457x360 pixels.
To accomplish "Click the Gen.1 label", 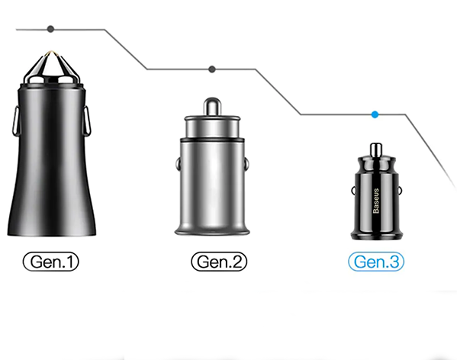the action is [50, 262].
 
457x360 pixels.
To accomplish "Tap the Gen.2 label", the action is [219, 262].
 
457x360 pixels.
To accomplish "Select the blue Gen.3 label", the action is [376, 262].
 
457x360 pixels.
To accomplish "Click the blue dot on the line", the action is [375, 114].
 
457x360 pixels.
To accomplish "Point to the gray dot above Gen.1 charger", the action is [50, 29].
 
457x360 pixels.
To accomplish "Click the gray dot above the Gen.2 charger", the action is [212, 69].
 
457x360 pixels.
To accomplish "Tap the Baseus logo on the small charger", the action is [376, 201].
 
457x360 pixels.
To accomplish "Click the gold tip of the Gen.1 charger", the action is [52, 53].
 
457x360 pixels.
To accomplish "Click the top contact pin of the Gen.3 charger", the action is [376, 149].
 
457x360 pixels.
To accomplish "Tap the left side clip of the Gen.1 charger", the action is [15, 121].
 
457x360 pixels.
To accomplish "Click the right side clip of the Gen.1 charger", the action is [86, 121].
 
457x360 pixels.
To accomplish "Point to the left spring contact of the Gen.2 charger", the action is [178, 164].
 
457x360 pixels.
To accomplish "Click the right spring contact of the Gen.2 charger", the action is [246, 164].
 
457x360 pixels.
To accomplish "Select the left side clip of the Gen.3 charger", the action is [353, 191].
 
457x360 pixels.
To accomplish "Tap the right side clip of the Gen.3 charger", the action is [399, 191].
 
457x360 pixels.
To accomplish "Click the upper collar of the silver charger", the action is [212, 127].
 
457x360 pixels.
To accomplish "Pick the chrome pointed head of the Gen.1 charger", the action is [52, 68].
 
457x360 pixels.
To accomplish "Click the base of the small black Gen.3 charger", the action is [376, 234].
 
